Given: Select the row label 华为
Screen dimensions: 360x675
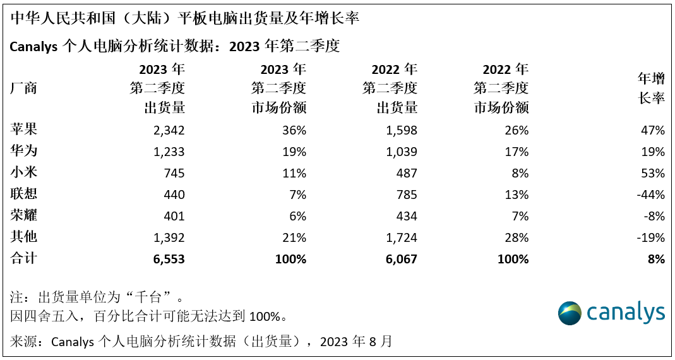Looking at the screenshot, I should (24, 152).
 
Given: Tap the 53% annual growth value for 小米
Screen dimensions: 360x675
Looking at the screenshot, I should (652, 174).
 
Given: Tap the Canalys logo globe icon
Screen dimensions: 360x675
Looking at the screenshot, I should (570, 313).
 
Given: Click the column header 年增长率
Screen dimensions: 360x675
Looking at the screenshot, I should (651, 88).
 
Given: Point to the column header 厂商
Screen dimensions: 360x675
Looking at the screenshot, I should (24, 88).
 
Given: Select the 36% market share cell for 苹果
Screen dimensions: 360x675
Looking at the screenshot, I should (294, 131).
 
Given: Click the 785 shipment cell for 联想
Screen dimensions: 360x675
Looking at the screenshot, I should (405, 195).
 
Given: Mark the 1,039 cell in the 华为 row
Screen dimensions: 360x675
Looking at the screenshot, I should (399, 152).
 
